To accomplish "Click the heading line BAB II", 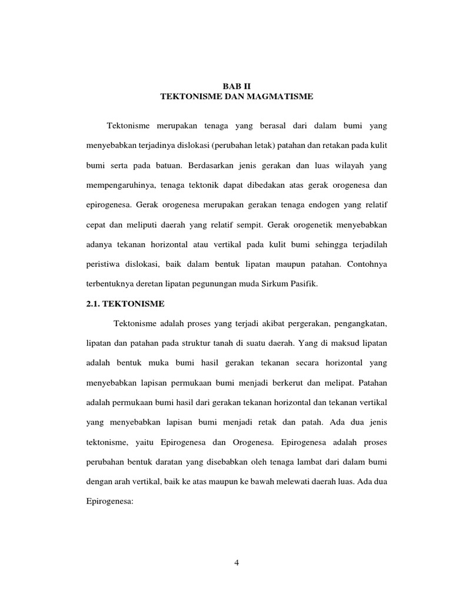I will coord(237,86).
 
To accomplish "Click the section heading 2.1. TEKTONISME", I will coord(125,303).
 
